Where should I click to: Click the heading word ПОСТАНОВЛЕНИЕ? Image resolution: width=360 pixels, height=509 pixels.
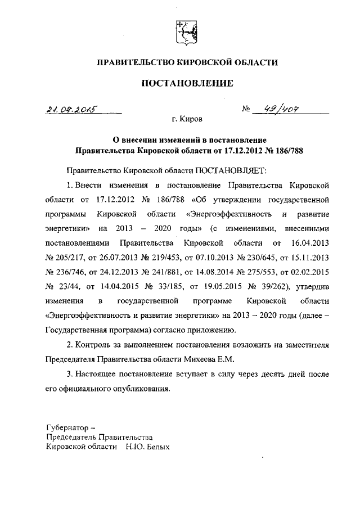tap(186, 84)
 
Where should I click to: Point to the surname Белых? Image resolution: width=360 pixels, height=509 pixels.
tap(156, 448)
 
